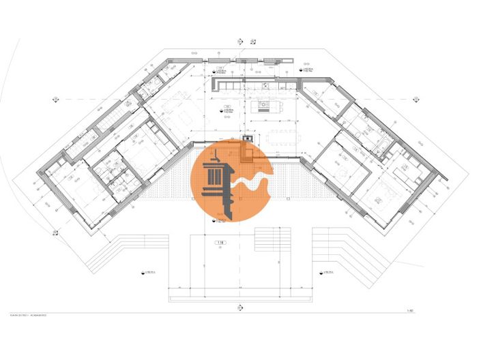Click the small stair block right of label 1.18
click(x=268, y=241)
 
